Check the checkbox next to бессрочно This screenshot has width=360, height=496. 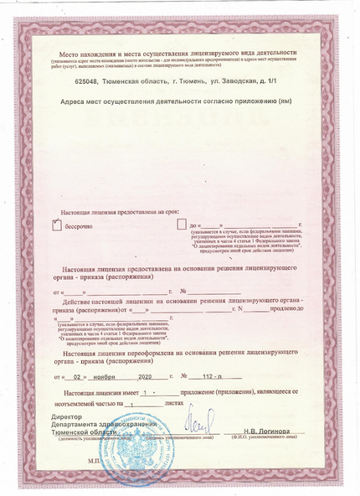click(57, 225)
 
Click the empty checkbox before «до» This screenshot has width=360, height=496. click(181, 225)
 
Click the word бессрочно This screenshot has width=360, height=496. click(80, 226)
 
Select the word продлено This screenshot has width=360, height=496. click(287, 309)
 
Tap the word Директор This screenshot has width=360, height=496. click(67, 416)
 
